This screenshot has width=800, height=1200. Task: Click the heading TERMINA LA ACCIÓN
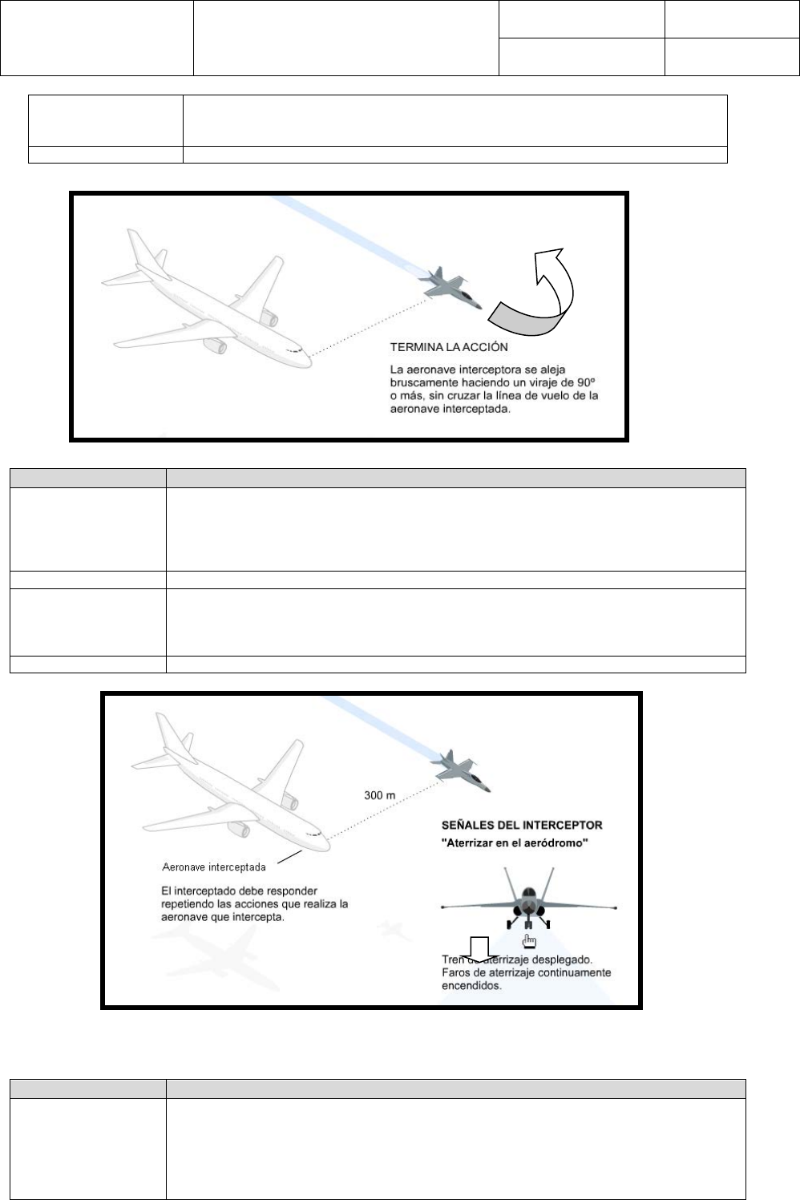[449, 348]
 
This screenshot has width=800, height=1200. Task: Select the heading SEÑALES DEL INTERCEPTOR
[522, 825]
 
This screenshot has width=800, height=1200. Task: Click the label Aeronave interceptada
[214, 867]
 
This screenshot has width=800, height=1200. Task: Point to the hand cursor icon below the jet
[527, 939]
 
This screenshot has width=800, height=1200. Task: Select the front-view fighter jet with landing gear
[527, 902]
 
